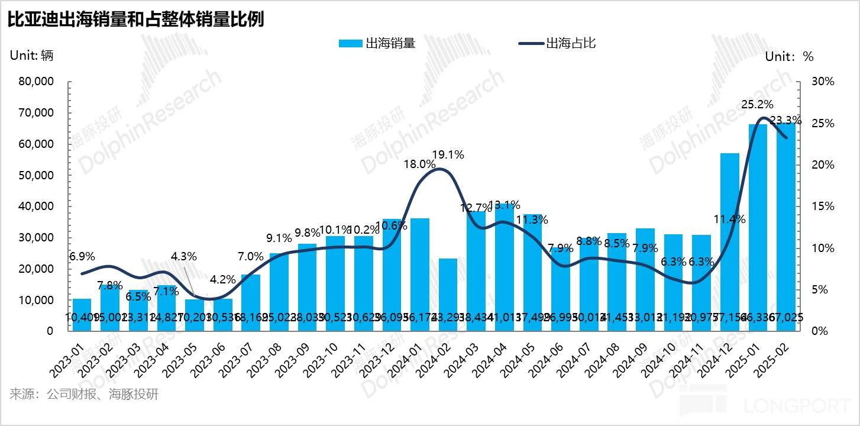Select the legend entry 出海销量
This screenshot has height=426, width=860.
pyautogui.click(x=377, y=43)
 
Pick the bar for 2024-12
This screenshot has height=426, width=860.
pyautogui.click(x=729, y=242)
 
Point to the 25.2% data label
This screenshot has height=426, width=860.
pyautogui.click(x=757, y=105)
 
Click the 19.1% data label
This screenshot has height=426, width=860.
pyautogui.click(x=448, y=155)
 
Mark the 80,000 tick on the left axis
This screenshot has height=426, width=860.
pyautogui.click(x=37, y=82)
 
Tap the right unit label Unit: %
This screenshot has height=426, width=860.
pyautogui.click(x=789, y=57)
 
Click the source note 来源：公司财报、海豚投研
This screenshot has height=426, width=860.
pyautogui.click(x=84, y=394)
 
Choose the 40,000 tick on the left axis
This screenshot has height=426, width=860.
pyautogui.click(x=37, y=206)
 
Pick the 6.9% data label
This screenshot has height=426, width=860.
pyautogui.click(x=82, y=257)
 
